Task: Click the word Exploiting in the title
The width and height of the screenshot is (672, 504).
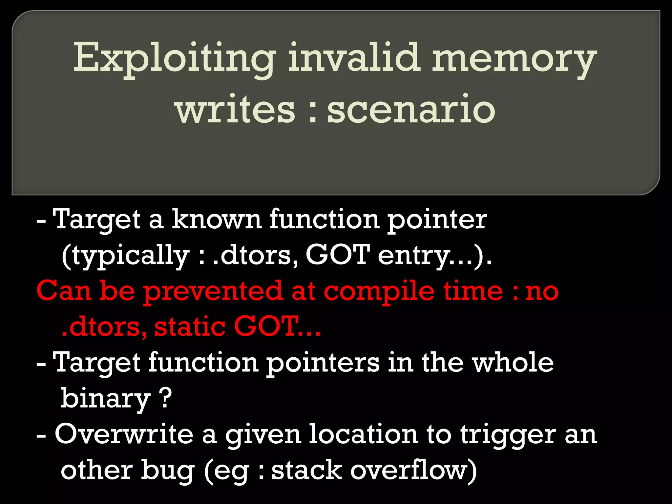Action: tap(174, 59)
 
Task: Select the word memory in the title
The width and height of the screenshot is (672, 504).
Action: tap(514, 59)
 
